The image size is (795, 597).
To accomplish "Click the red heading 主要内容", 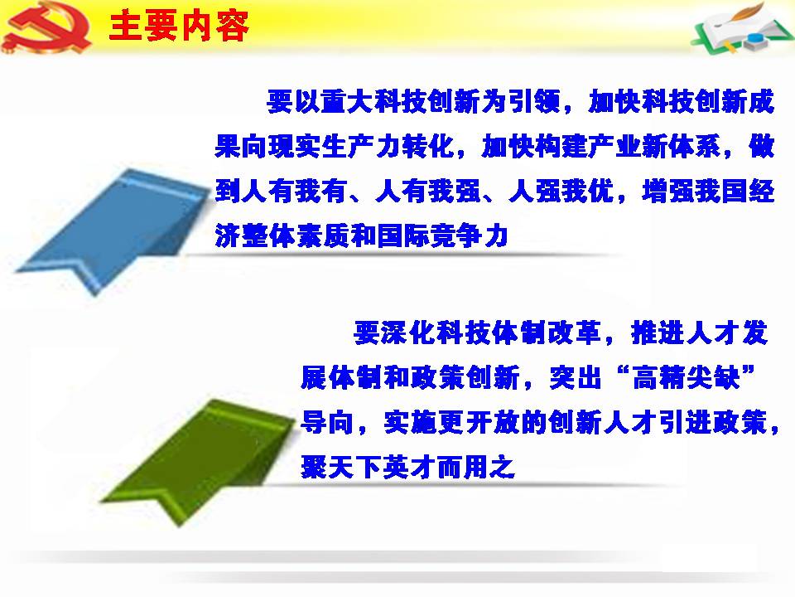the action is (179, 26).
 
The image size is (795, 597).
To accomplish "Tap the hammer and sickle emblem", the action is (46, 27).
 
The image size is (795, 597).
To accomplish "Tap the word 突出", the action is (576, 378).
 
